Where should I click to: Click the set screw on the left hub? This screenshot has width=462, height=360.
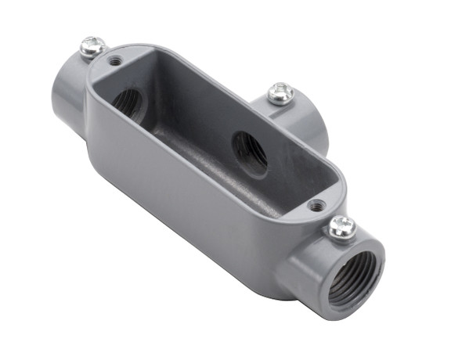coord(93,46)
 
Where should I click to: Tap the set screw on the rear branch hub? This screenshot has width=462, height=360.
coord(281,94)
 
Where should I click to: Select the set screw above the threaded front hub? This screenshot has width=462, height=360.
coord(341,228)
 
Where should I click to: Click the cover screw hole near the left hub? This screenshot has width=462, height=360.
coord(116,60)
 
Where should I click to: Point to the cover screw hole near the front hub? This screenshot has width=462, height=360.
coord(316,206)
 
